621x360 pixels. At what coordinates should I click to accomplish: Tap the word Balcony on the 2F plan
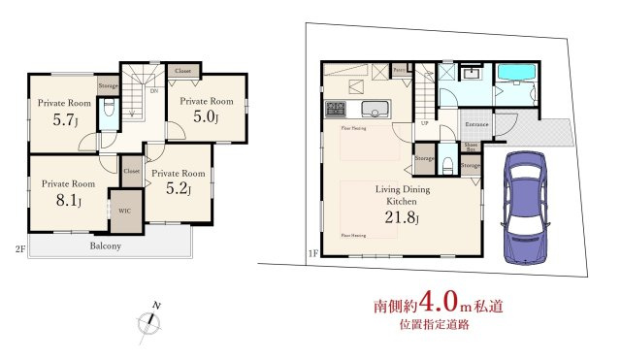pyautogui.click(x=106, y=246)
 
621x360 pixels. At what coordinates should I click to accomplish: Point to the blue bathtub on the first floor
pyautogui.click(x=513, y=79)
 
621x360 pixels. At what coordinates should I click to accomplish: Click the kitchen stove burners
pyautogui.click(x=337, y=107)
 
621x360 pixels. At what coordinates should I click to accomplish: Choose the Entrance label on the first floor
pyautogui.click(x=476, y=125)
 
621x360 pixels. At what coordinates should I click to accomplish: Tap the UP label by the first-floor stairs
pyautogui.click(x=424, y=123)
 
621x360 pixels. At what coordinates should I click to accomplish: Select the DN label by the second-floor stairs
pyautogui.click(x=153, y=92)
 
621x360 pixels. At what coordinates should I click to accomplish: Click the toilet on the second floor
pyautogui.click(x=109, y=112)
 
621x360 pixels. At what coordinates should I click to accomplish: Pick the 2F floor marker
pyautogui.click(x=19, y=248)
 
